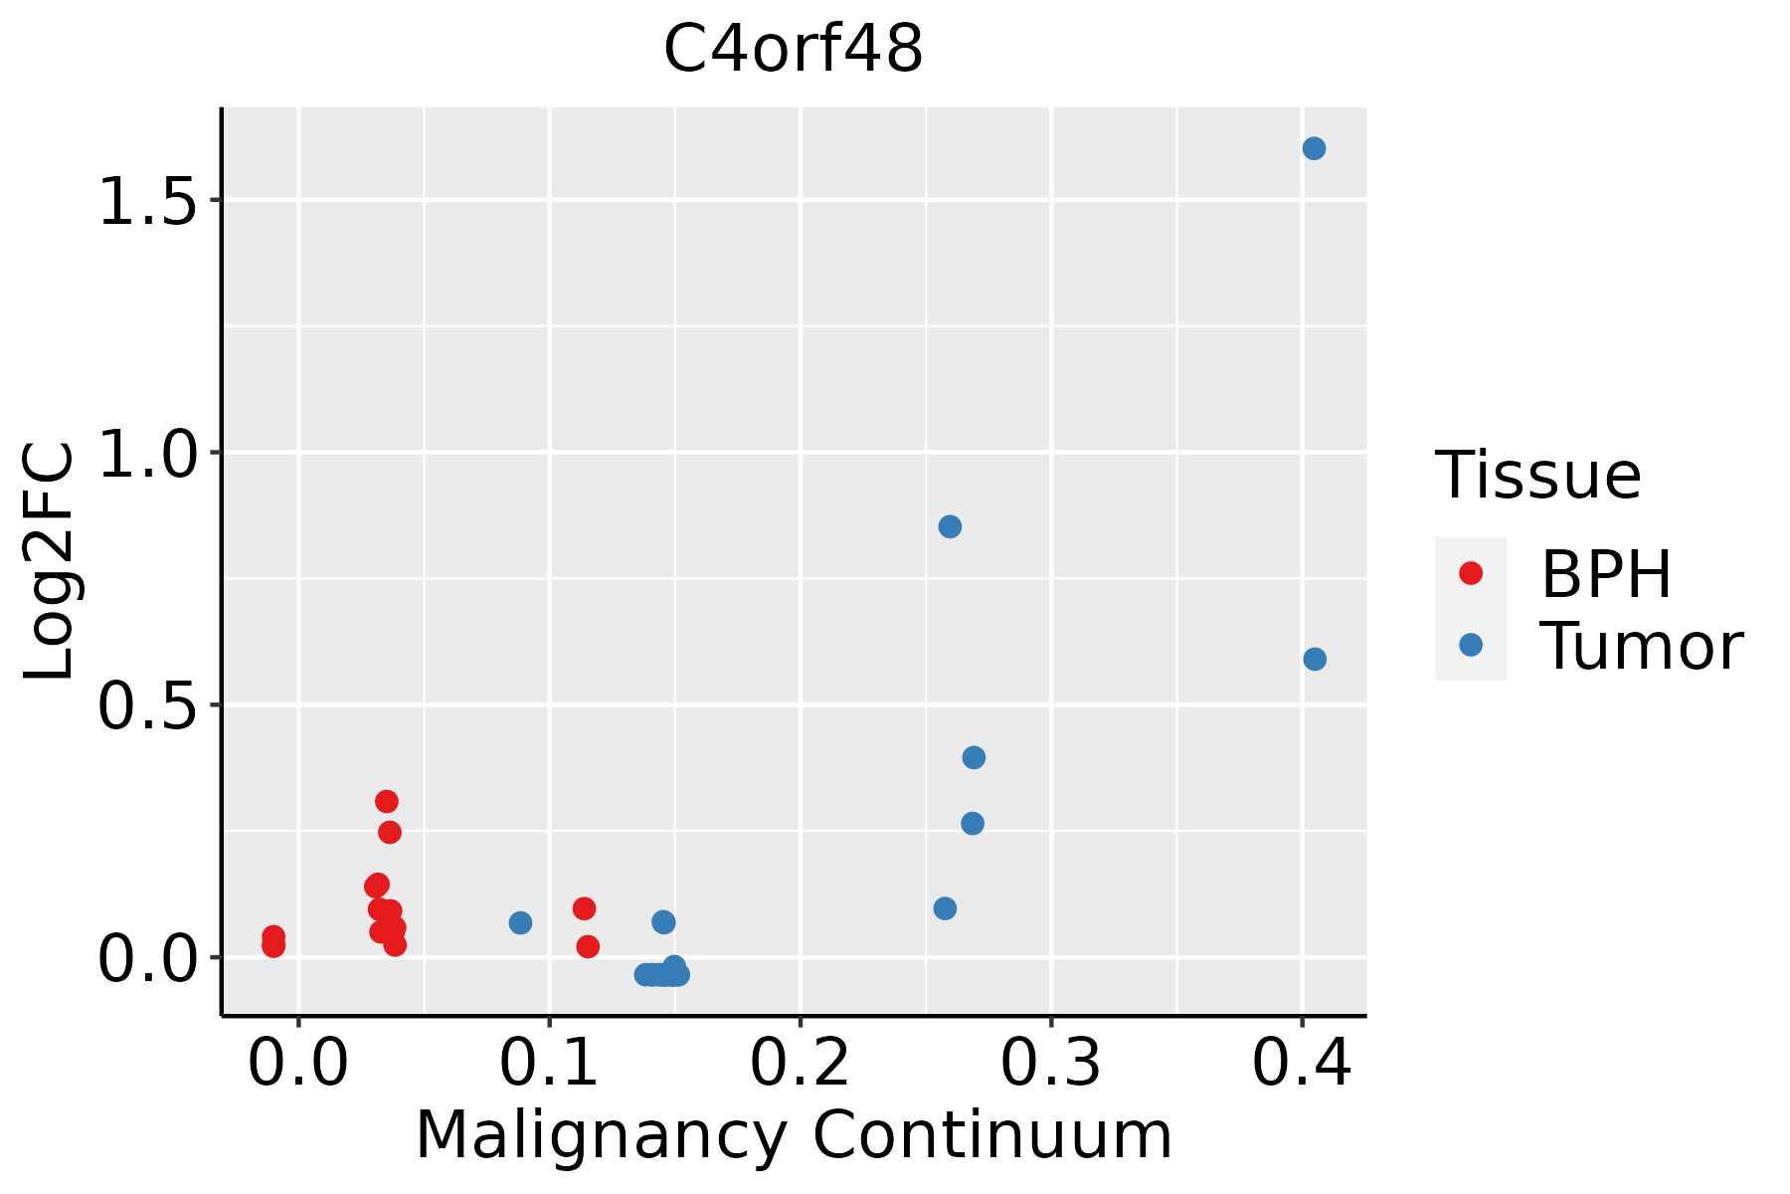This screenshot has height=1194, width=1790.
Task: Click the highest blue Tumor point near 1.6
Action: [x=1314, y=148]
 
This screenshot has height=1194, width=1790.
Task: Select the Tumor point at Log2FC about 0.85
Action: [x=950, y=526]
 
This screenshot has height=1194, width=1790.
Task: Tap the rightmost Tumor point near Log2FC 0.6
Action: [x=1315, y=659]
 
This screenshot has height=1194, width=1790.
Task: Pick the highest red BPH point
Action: [x=387, y=801]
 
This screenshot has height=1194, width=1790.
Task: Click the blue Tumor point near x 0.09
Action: [x=520, y=922]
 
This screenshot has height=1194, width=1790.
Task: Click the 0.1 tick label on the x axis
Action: [x=548, y=1063]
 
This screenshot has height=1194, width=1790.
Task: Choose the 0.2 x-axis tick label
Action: [x=800, y=1063]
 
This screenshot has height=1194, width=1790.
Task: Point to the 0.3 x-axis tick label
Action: [x=1050, y=1063]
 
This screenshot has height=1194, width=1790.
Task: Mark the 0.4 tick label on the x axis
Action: [x=1301, y=1063]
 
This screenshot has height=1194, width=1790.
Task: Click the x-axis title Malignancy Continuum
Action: [x=794, y=1134]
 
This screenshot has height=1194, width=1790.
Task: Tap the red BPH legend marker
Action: [x=1470, y=573]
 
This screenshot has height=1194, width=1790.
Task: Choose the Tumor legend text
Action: [x=1641, y=646]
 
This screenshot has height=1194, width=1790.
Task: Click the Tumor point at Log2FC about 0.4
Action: [x=974, y=757]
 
